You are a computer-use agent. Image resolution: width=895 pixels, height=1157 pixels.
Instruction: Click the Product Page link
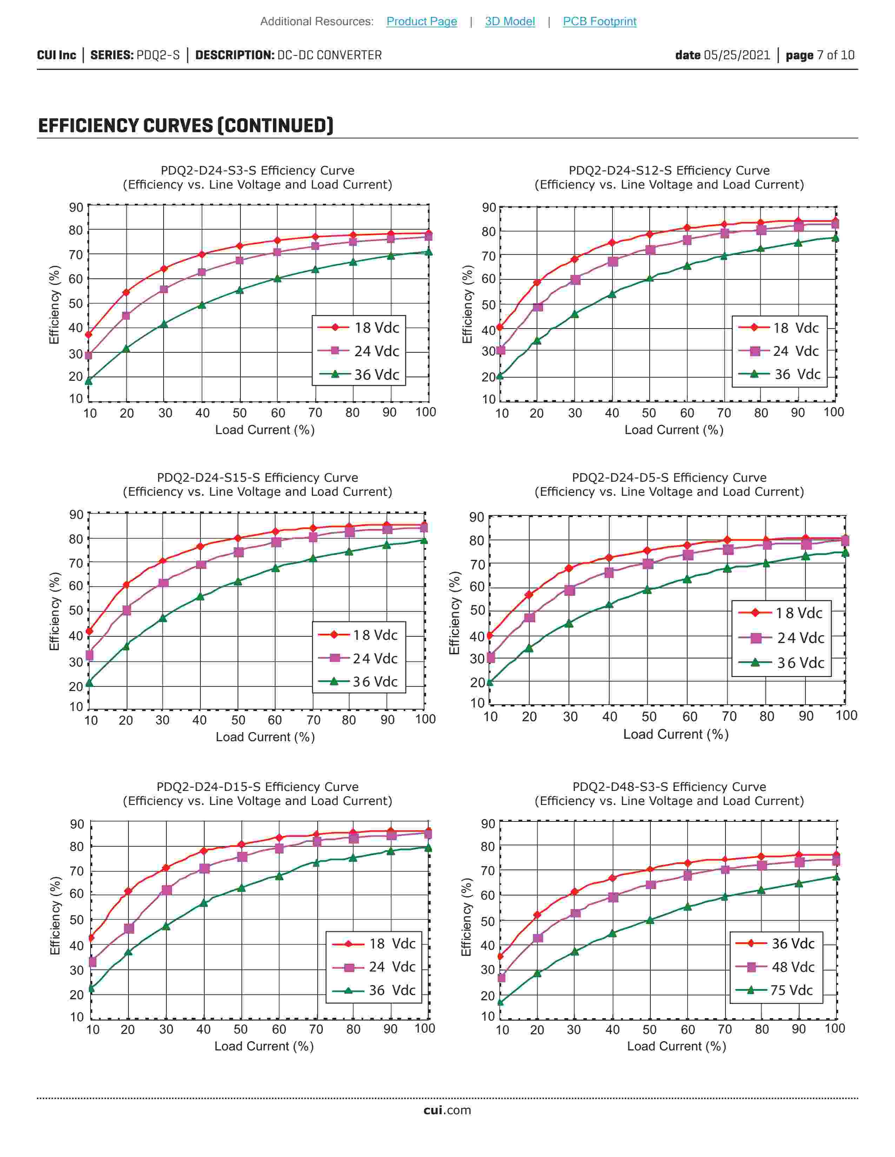pyautogui.click(x=422, y=21)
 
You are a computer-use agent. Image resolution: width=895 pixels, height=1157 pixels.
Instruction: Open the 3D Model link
pyautogui.click(x=510, y=21)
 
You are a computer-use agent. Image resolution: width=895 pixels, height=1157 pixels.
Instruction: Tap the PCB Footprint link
pyautogui.click(x=599, y=21)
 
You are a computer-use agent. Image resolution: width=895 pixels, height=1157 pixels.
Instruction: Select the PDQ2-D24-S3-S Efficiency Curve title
pyautogui.click(x=258, y=171)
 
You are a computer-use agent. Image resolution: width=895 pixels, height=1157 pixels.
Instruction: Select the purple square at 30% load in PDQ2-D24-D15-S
pyautogui.click(x=166, y=890)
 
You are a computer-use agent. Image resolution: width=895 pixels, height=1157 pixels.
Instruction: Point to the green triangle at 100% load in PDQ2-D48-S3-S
pyautogui.click(x=836, y=877)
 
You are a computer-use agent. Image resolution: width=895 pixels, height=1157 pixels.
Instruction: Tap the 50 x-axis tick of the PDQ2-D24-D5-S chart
pyautogui.click(x=649, y=716)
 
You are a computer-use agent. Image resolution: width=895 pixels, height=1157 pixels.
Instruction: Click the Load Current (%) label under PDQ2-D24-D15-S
pyautogui.click(x=264, y=1046)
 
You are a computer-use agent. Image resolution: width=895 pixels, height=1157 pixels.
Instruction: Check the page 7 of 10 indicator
pyautogui.click(x=820, y=55)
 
